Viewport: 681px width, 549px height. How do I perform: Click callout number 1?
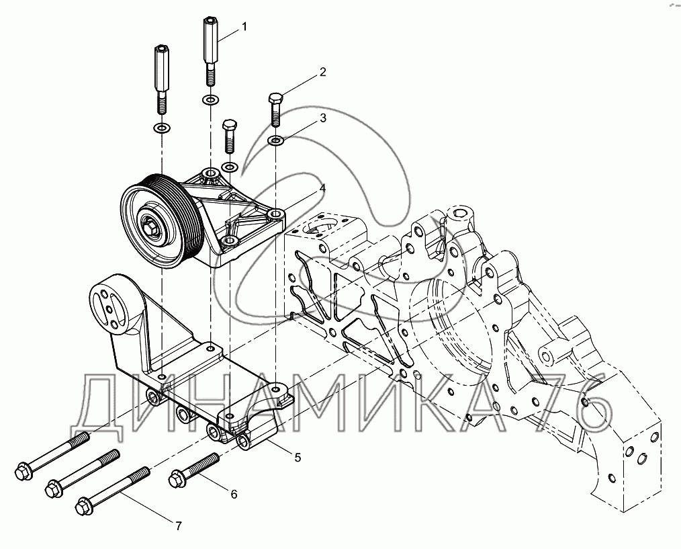coord(244,27)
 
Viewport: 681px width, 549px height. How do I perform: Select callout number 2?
coord(322,72)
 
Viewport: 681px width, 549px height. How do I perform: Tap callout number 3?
coord(322,118)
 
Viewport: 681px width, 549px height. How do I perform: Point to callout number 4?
coord(322,188)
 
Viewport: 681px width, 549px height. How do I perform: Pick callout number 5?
coord(298,458)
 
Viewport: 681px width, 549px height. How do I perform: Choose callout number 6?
coord(234,494)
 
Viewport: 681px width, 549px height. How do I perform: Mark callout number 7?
coord(179,526)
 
